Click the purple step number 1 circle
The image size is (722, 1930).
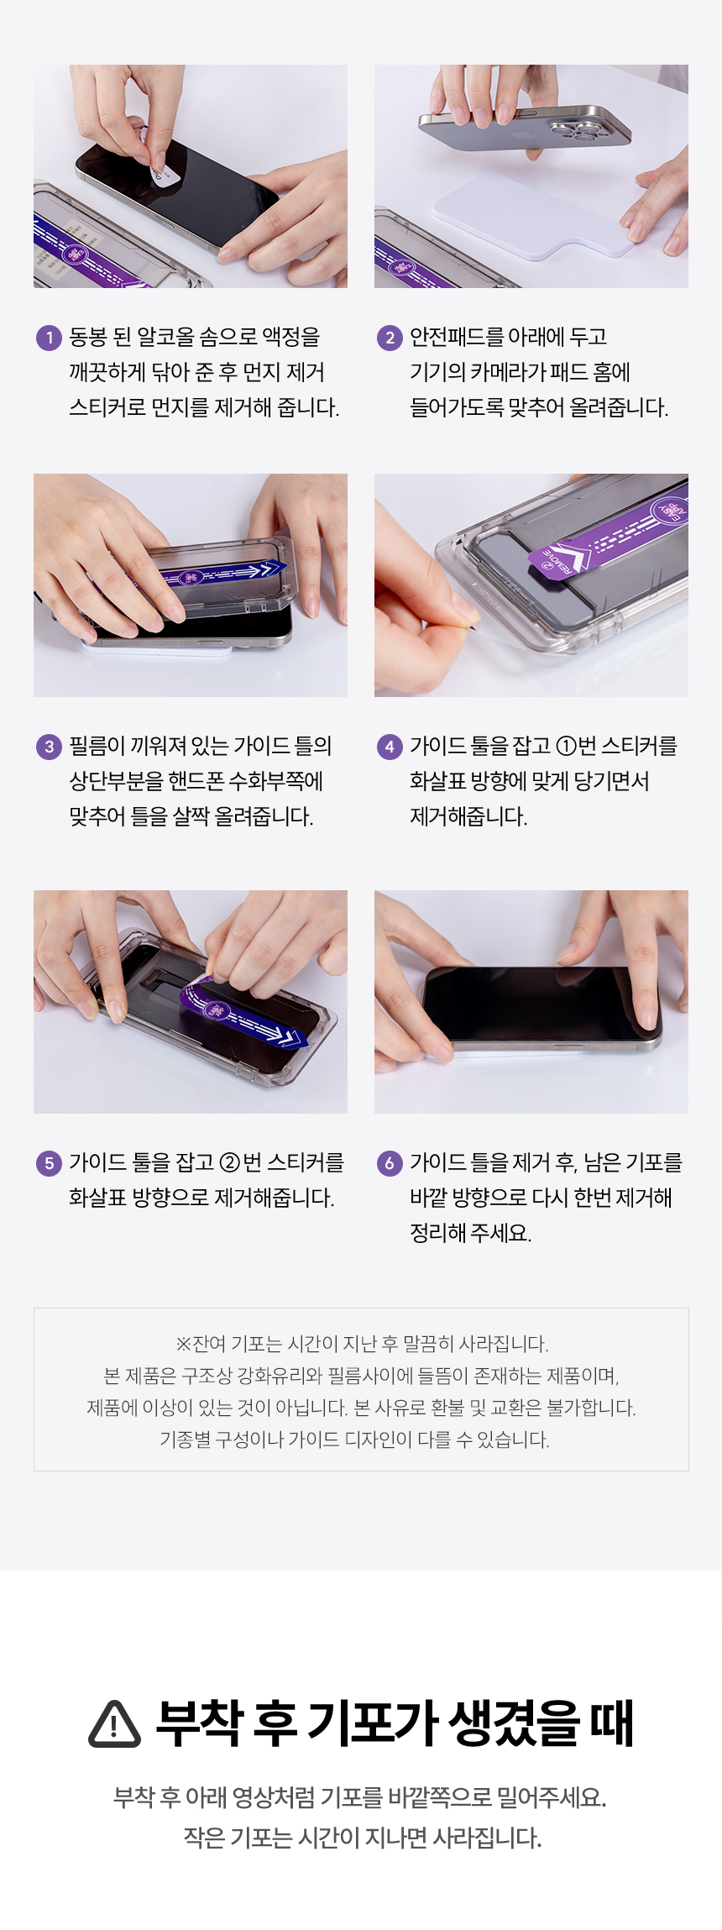49,338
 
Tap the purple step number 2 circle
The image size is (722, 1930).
390,338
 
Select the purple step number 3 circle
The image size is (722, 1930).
49,747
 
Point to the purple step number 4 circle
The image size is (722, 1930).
390,747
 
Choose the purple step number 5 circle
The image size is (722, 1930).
49,1163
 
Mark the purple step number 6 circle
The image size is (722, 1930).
390,1163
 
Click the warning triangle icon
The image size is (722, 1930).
114,1724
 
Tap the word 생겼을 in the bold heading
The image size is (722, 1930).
514,1723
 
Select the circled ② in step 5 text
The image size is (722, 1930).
230,1162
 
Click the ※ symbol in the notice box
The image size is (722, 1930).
183,1344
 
